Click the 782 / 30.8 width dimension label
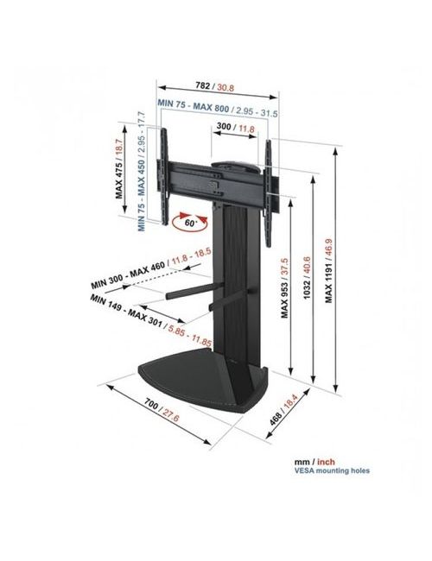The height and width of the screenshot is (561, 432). pos(214,86)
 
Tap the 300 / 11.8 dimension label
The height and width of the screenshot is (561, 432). pos(235,127)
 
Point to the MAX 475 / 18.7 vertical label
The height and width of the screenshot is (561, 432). pos(119,168)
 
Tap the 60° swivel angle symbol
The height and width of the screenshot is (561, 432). pos(190,222)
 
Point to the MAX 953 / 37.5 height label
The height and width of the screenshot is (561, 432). pos(284,287)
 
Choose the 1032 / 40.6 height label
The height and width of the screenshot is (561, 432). pos(307,282)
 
